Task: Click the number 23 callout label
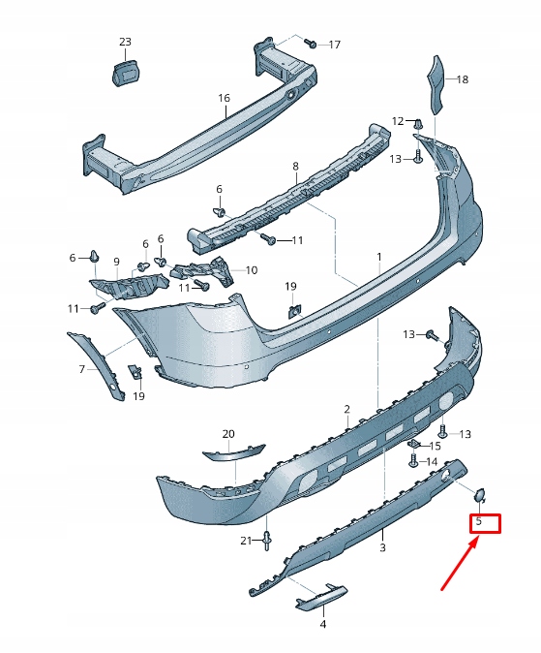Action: pyautogui.click(x=125, y=42)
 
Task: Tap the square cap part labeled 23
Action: pyautogui.click(x=125, y=71)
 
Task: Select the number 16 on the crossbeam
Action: pyautogui.click(x=224, y=98)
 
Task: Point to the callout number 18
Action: pyautogui.click(x=462, y=79)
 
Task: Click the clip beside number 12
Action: pyautogui.click(x=418, y=124)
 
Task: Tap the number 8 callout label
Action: pyautogui.click(x=295, y=167)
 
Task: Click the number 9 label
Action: pyautogui.click(x=116, y=262)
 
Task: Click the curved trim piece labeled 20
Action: pyautogui.click(x=232, y=451)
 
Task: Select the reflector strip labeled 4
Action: pyautogui.click(x=322, y=596)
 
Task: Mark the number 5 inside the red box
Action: pyautogui.click(x=476, y=523)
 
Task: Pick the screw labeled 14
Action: pyautogui.click(x=413, y=463)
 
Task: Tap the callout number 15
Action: pyautogui.click(x=435, y=446)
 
